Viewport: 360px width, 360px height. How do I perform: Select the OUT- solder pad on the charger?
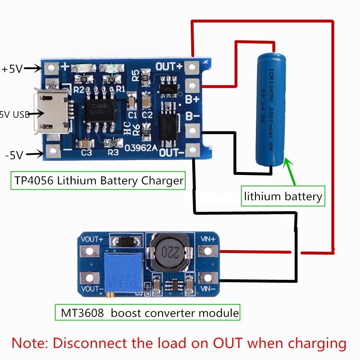[x=193, y=149]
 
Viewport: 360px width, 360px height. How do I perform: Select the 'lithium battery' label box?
[x=283, y=196]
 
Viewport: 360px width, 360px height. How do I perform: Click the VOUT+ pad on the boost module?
[x=87, y=251]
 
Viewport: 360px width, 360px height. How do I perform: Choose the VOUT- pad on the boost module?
[x=87, y=278]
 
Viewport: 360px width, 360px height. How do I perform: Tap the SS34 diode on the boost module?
[x=126, y=241]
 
